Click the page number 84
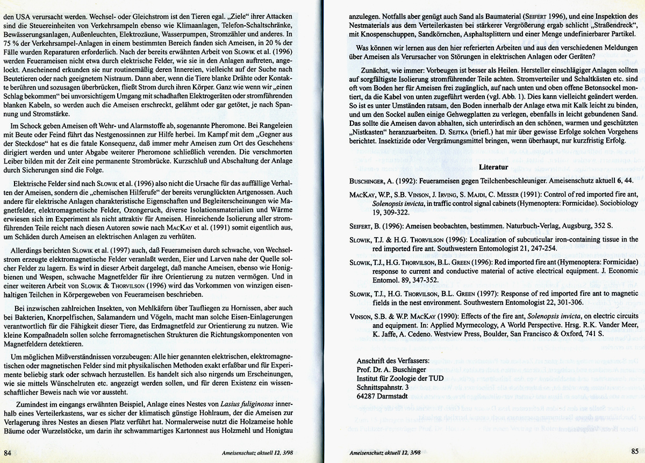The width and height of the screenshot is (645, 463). tap(9, 452)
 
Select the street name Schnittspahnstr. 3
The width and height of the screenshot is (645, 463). tap(386, 387)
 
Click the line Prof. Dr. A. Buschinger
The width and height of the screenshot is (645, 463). tap(391, 369)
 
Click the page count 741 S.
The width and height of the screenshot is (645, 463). tap(593, 334)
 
